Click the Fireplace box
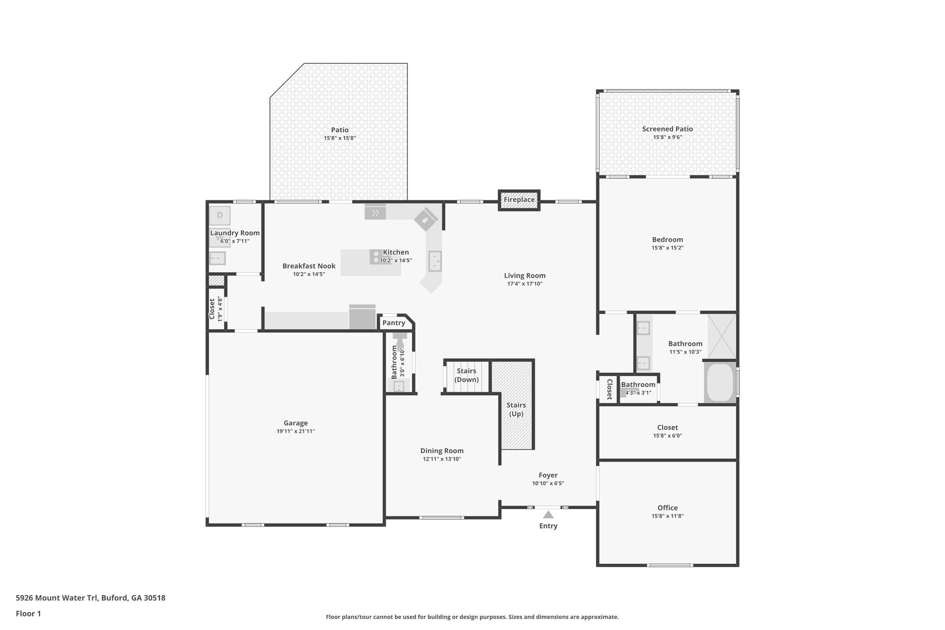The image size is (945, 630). click(x=519, y=200)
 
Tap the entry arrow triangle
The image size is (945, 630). click(x=548, y=515)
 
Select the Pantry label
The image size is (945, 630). click(x=394, y=323)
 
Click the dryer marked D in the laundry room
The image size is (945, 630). click(x=220, y=215)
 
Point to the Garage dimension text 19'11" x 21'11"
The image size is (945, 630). click(x=295, y=431)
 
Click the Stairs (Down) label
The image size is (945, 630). click(x=467, y=375)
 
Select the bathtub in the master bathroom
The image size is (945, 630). click(x=720, y=382)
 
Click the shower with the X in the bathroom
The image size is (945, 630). click(x=722, y=336)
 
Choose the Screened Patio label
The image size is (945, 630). click(x=667, y=129)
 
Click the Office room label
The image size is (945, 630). click(x=667, y=508)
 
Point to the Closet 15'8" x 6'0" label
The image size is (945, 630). click(x=667, y=428)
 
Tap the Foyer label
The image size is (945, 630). click(x=548, y=475)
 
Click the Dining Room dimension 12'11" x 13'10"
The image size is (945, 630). click(x=442, y=459)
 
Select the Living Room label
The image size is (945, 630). click(x=525, y=276)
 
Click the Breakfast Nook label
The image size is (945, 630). click(x=309, y=266)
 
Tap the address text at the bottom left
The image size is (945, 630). click(x=90, y=598)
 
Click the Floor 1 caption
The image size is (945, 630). click(x=28, y=613)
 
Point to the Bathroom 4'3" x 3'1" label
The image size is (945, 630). click(x=638, y=385)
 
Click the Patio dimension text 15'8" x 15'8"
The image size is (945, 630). click(x=340, y=138)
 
